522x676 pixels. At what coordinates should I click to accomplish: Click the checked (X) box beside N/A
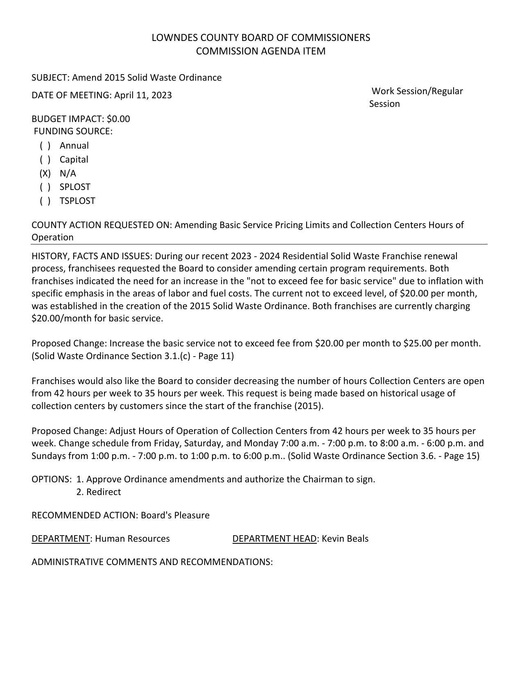pyautogui.click(x=45, y=173)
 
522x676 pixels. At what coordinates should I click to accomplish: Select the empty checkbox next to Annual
pyautogui.click(x=45, y=145)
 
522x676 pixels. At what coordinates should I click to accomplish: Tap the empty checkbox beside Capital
pyautogui.click(x=45, y=159)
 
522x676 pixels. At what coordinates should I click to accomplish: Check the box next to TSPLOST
pyautogui.click(x=45, y=201)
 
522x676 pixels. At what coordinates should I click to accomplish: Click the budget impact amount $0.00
pyautogui.click(x=118, y=119)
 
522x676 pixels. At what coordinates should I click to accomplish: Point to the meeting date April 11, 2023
pyautogui.click(x=143, y=95)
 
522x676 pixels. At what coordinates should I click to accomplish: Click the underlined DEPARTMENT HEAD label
pyautogui.click(x=274, y=538)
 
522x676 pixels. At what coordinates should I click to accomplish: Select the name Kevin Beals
pyautogui.click(x=345, y=538)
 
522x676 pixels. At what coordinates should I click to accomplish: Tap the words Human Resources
pyautogui.click(x=132, y=538)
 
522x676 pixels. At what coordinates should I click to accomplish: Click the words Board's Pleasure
pyautogui.click(x=175, y=515)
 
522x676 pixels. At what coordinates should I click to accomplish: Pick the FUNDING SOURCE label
pyautogui.click(x=73, y=131)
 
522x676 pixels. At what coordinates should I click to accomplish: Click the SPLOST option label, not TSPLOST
pyautogui.click(x=75, y=187)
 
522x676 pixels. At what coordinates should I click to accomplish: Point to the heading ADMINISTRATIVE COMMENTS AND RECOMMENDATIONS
pyautogui.click(x=152, y=562)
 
